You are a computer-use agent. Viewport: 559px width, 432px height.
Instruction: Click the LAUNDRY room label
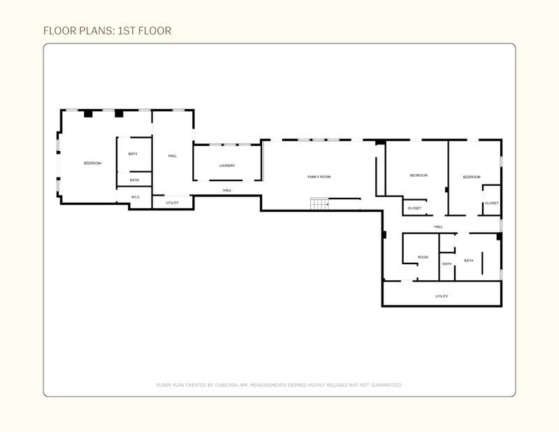tap(227, 166)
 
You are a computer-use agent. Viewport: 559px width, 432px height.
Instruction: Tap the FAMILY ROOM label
tap(319, 177)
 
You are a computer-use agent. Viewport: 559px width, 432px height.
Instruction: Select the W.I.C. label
tap(136, 197)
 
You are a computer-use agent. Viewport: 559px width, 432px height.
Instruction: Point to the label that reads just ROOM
tap(423, 257)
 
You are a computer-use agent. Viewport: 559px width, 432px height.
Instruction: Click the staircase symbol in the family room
tap(319, 203)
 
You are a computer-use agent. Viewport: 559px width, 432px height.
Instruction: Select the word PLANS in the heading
tap(96, 31)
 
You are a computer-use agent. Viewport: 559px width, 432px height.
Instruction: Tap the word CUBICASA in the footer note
tap(226, 385)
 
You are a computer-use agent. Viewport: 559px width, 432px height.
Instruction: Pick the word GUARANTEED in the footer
tap(386, 385)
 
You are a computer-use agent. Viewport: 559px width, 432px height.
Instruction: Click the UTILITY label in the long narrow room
tap(442, 296)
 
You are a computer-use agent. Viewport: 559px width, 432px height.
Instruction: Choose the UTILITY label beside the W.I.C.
tap(173, 203)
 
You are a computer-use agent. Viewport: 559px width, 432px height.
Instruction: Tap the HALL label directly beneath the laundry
tap(227, 190)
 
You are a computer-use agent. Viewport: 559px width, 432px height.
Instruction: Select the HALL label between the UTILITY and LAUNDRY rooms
tap(173, 156)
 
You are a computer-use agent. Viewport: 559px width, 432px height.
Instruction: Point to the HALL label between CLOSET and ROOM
tap(439, 226)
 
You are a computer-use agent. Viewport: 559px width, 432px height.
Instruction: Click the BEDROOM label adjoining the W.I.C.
tap(92, 163)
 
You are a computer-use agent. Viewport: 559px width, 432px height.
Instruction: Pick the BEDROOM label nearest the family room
tap(419, 175)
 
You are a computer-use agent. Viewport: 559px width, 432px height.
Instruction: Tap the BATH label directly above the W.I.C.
tap(134, 180)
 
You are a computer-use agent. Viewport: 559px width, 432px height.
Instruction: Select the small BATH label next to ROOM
tap(447, 264)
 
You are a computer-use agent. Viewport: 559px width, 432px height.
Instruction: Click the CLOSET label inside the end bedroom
tap(492, 203)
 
